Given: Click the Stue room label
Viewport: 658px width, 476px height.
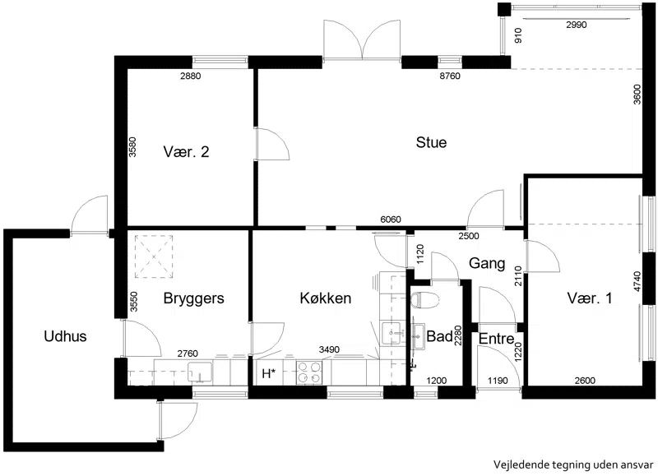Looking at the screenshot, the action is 431,142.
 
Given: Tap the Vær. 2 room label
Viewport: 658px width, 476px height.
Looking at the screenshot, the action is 186,152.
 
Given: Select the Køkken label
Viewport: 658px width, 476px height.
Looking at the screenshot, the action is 325,298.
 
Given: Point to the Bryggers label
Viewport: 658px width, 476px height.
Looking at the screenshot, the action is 193,298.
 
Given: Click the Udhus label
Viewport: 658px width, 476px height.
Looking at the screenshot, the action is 65,336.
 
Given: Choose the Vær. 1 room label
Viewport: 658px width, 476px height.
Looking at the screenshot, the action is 590,298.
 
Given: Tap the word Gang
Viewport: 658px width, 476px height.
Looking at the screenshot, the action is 487,264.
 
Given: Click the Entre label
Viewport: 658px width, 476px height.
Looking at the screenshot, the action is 497,339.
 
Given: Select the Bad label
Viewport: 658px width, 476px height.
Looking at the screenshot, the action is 439,336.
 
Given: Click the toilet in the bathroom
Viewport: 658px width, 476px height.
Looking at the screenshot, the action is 425,300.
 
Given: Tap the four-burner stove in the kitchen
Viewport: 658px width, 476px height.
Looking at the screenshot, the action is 309,373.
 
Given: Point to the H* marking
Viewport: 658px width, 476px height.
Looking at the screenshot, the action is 269,373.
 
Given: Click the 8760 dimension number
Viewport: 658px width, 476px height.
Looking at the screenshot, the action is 449,76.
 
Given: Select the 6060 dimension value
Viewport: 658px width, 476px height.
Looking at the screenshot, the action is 390,220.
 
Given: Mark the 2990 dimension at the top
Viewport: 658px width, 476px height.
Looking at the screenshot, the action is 577,25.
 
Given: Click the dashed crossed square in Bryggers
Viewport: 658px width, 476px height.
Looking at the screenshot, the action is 154,256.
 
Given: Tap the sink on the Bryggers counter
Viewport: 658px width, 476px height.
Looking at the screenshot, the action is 200,372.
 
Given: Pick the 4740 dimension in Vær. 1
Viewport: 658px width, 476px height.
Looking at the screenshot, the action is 637,282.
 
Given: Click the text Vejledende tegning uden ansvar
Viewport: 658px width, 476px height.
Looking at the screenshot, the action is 573,464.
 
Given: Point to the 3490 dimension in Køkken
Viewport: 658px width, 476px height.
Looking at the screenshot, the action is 329,349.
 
